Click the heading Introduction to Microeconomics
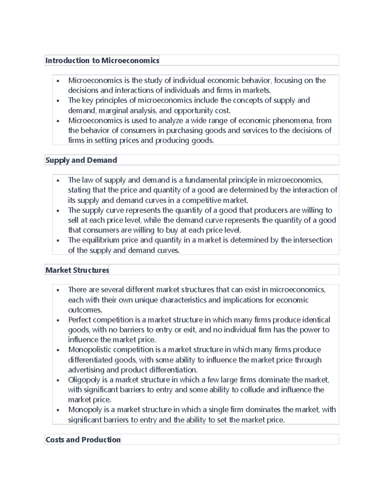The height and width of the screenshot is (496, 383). tap(102, 60)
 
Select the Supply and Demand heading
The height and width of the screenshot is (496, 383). tap(81, 160)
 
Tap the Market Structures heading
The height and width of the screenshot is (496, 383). tap(77, 270)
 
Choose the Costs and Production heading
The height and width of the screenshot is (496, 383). tap(83, 440)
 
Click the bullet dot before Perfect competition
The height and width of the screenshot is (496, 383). tap(58, 320)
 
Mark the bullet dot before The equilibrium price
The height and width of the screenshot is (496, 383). tap(58, 240)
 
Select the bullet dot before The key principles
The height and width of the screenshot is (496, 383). tap(58, 101)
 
